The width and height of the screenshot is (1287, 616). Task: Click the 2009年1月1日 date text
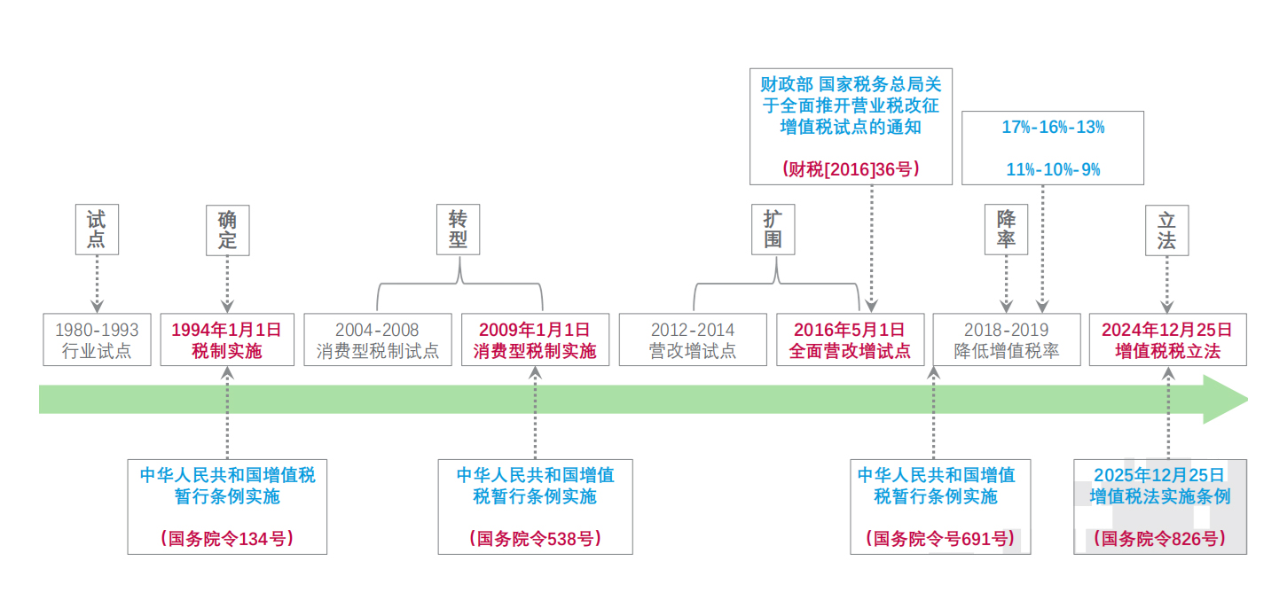[x=535, y=330]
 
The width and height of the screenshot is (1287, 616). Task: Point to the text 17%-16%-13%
[x=1053, y=127]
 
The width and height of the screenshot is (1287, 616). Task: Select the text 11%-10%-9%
[x=1053, y=169]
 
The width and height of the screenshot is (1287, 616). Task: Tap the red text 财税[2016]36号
[x=851, y=169]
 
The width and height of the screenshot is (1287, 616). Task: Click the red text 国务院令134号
[x=228, y=539]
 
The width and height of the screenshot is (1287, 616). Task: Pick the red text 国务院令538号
[x=535, y=539]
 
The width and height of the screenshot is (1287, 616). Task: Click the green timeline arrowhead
[x=1224, y=400]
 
